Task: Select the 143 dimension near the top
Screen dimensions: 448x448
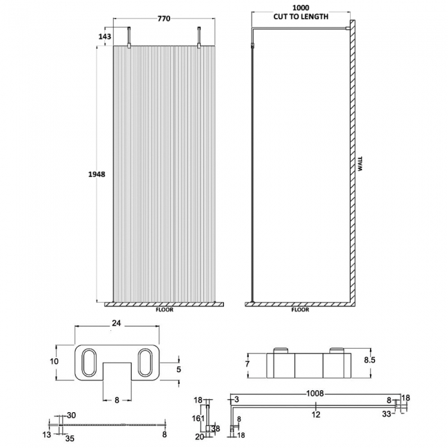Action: (x=105, y=37)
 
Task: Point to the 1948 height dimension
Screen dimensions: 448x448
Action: (x=96, y=175)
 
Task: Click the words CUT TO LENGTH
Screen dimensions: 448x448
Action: (x=301, y=16)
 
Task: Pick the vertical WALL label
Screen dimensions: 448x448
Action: (x=360, y=165)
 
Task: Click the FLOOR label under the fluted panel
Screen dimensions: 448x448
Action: (x=165, y=310)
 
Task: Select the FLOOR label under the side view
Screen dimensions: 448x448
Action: (x=300, y=310)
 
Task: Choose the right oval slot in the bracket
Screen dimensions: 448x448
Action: (x=145, y=361)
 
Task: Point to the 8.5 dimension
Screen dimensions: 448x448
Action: (x=370, y=358)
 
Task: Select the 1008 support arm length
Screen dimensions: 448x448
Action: (x=314, y=395)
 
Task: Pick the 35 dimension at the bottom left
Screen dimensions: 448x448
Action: (x=70, y=436)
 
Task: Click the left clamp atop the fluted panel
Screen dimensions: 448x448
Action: (x=130, y=39)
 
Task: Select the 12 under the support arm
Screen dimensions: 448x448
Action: (x=314, y=414)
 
